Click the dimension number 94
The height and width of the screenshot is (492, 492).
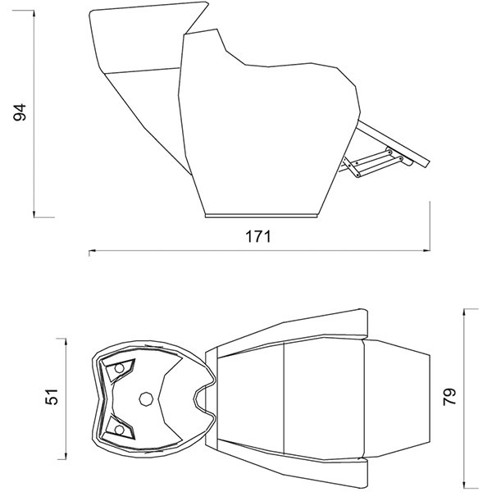click(x=20, y=112)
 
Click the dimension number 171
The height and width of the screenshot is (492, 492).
click(x=257, y=237)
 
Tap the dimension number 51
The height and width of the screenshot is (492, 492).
click(x=52, y=397)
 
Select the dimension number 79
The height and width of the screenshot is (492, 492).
click(x=449, y=397)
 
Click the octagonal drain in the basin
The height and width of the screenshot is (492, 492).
click(x=146, y=399)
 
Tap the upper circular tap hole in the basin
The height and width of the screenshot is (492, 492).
click(x=119, y=368)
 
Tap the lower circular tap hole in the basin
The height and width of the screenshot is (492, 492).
click(x=119, y=430)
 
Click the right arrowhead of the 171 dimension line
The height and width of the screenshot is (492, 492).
click(x=426, y=250)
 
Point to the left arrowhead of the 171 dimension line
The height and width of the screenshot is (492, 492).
click(x=92, y=250)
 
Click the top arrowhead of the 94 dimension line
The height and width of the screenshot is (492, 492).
click(x=34, y=14)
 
